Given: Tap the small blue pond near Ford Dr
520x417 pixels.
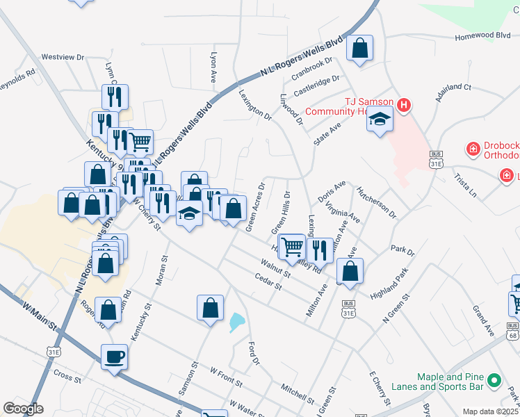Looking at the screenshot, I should (237, 322).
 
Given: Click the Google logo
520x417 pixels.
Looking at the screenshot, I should (23, 409).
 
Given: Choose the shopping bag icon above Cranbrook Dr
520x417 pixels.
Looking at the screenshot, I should (359, 49).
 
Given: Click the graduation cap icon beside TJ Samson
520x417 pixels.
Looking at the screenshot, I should (380, 120).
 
